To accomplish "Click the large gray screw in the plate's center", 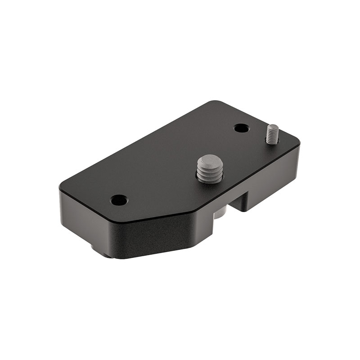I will (210, 169).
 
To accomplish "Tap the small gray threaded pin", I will (271, 134).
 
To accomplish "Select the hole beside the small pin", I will (241, 128).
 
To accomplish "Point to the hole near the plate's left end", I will (119, 199).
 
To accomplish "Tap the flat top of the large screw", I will (209, 160).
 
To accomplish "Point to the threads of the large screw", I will (210, 175).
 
